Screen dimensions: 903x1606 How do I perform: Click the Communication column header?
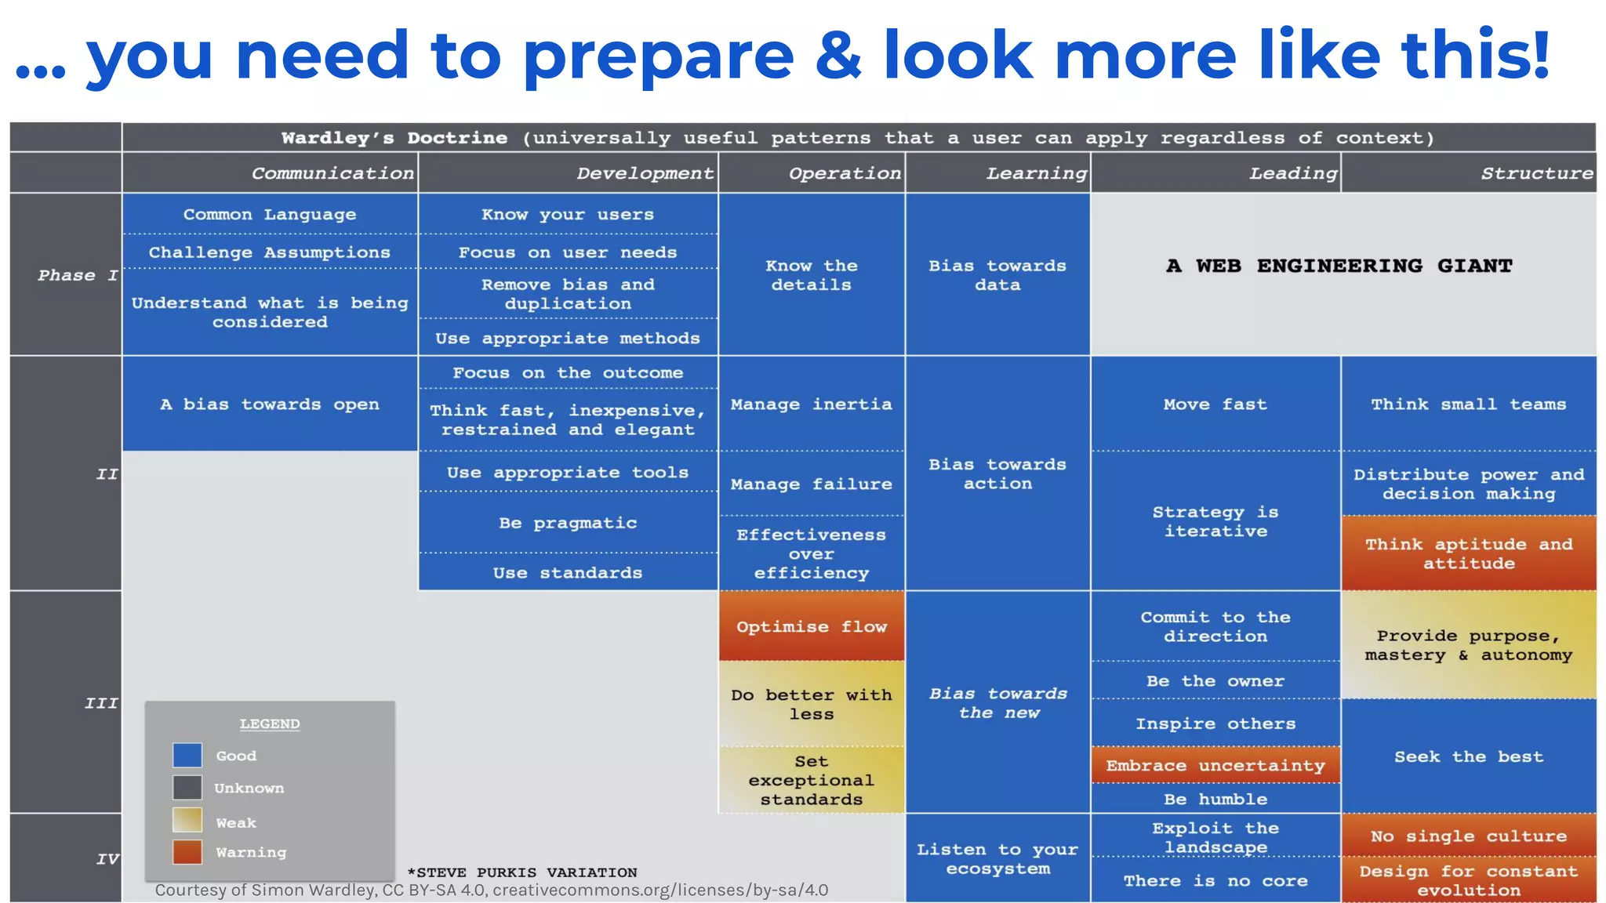tap(332, 173)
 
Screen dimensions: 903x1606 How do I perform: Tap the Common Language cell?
tap(270, 214)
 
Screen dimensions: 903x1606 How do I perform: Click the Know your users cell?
tap(568, 214)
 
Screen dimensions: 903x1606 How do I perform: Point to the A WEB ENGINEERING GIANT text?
tap(1339, 266)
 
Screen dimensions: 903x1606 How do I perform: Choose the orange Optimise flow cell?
tap(812, 626)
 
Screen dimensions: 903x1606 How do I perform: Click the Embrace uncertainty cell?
tap(1215, 765)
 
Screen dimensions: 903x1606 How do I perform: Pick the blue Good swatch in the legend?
tap(187, 756)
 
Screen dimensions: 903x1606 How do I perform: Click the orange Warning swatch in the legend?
tap(187, 852)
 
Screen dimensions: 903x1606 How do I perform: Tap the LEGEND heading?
tap(270, 723)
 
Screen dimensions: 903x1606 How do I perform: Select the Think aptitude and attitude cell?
tap(1469, 553)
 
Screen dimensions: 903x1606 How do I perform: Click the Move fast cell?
tap(1215, 404)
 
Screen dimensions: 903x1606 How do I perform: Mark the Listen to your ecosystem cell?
tap(997, 859)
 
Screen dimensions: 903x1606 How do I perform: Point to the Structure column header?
tap(1537, 173)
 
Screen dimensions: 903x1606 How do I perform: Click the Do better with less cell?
tap(812, 704)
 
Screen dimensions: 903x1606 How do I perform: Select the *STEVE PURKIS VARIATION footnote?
tap(522, 872)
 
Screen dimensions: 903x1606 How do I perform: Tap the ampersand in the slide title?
tap(840, 55)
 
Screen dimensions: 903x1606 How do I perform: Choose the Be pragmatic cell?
tap(568, 523)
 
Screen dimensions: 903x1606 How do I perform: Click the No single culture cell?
tap(1469, 836)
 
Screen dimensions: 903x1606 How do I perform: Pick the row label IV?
tap(107, 859)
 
